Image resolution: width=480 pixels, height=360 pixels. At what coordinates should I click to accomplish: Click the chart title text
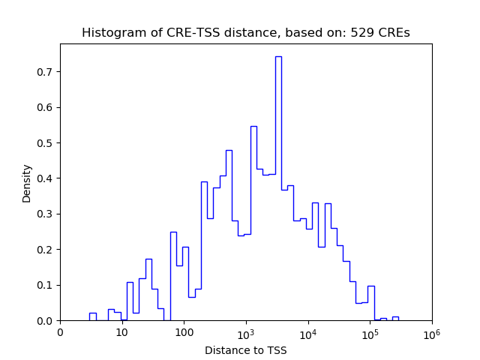(x=245, y=33)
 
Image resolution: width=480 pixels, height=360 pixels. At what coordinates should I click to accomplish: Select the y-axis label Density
(x=27, y=182)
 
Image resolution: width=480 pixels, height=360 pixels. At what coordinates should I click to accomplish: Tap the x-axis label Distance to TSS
(x=245, y=349)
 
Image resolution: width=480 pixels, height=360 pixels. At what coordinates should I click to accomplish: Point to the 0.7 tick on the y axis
(x=46, y=72)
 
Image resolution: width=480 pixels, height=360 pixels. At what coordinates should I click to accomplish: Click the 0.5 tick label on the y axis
(x=46, y=143)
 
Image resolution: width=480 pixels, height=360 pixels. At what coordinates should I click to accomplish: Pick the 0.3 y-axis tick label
(x=46, y=214)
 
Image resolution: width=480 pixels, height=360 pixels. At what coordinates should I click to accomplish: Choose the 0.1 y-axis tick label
(x=46, y=285)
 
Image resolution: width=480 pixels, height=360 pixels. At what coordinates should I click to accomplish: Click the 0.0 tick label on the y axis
(x=46, y=321)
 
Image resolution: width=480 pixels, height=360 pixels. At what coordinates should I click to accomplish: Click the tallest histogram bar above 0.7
(x=278, y=187)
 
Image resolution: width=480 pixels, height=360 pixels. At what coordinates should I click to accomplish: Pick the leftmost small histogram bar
(x=92, y=316)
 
